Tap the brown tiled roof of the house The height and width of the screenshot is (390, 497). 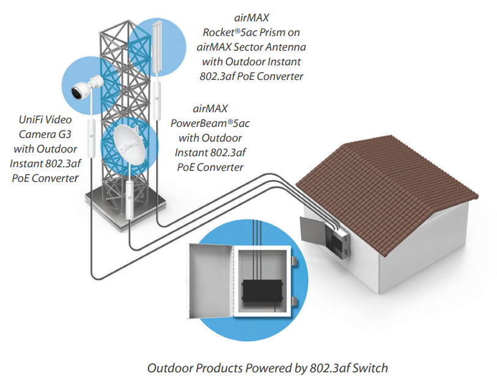[x=391, y=178]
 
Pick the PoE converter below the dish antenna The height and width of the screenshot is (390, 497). [x=130, y=199]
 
